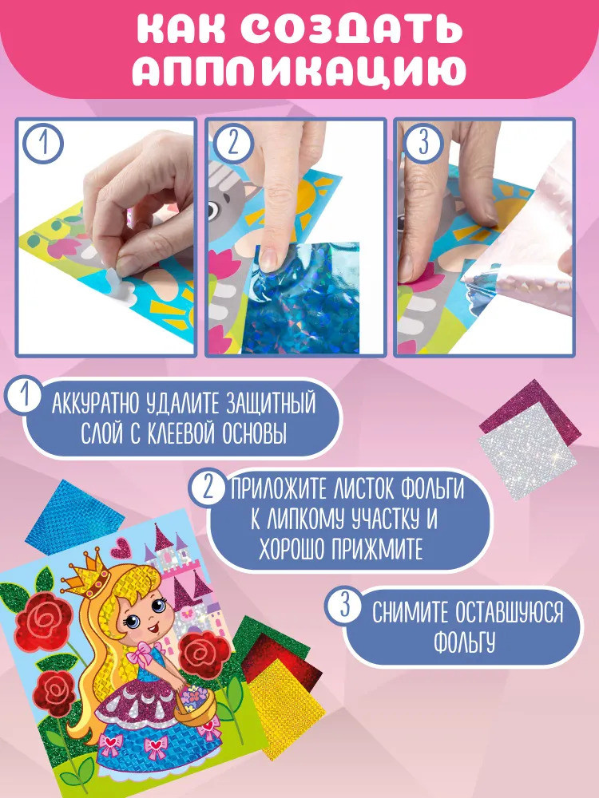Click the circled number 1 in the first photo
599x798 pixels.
coord(44,143)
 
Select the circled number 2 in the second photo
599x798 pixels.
coord(232,143)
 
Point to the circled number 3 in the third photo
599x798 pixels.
coord(422,143)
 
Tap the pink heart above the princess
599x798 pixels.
coord(121,548)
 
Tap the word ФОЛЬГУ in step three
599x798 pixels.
coord(464,642)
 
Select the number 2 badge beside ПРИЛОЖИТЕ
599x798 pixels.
coord(208,488)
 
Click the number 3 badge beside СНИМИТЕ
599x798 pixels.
coord(345,606)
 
